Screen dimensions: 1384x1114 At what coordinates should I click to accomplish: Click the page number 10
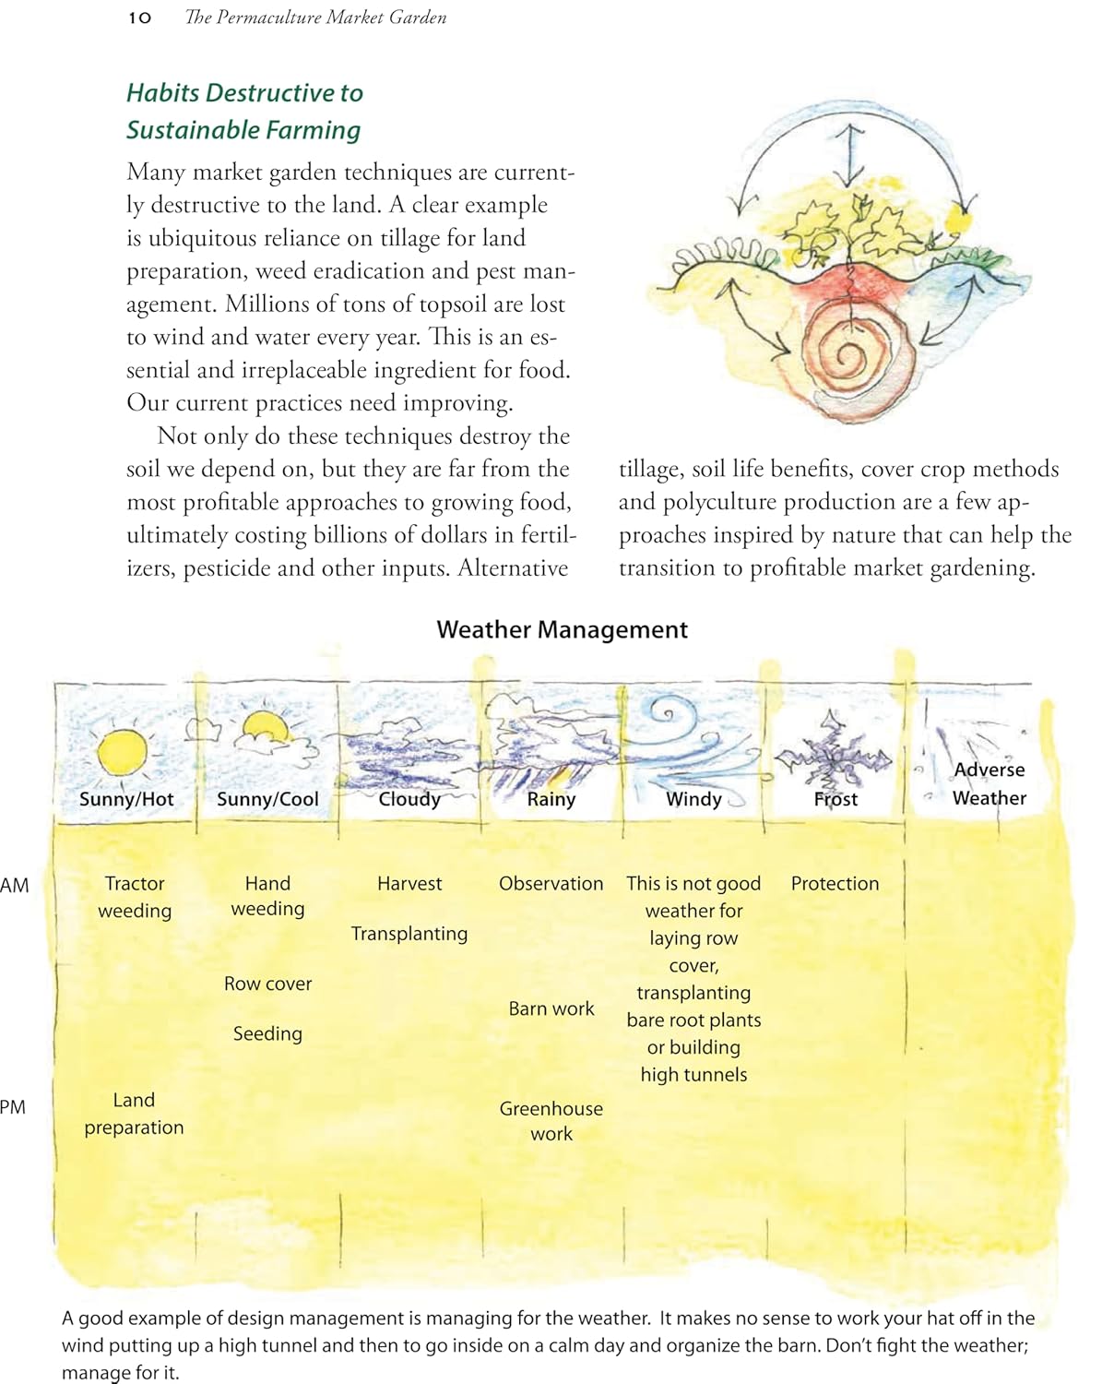140,18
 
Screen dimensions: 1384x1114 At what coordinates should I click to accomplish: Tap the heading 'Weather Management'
562,630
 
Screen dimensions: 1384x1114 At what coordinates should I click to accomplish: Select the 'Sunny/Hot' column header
126,799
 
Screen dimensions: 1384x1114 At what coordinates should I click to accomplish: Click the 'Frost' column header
835,799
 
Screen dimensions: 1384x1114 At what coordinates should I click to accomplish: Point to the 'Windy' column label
693,799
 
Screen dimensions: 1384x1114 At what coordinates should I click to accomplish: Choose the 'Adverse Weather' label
989,784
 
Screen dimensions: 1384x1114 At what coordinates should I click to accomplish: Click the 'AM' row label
15,886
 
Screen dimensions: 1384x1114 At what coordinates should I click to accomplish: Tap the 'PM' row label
13,1107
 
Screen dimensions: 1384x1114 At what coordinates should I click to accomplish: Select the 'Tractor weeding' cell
135,897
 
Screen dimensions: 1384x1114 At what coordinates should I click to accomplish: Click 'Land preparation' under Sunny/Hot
134,1114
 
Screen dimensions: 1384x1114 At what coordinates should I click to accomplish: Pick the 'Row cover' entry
267,984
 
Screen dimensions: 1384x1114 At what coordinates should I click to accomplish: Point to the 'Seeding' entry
267,1033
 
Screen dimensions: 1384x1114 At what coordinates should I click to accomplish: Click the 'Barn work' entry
551,1008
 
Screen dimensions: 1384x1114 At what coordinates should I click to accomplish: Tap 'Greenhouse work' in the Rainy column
551,1121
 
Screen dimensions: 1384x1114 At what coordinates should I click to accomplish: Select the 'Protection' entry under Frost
835,883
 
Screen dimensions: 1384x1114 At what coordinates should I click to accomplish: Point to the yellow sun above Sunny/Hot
122,752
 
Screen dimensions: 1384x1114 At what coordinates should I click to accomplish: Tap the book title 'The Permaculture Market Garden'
315,18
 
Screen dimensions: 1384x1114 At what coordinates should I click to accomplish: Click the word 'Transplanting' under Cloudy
409,934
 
